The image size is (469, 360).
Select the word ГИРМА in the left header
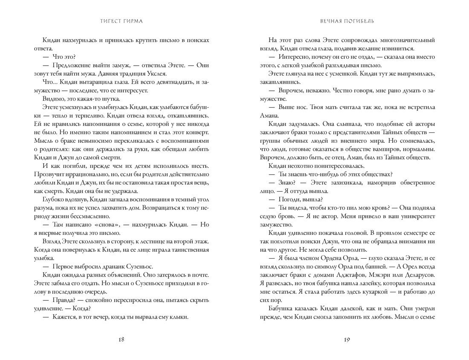coord(131,21)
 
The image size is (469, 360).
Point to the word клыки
coord(179,317)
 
